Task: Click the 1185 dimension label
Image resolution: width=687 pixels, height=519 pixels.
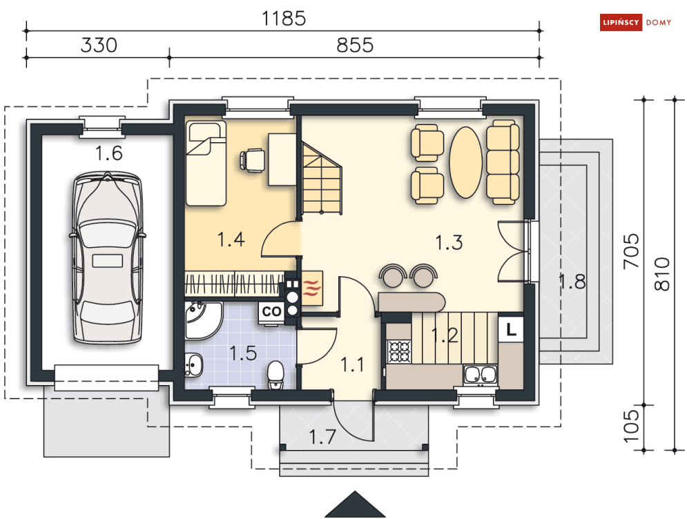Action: [284, 19]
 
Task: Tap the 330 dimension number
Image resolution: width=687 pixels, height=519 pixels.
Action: [99, 45]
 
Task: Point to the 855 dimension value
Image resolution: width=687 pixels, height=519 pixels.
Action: [355, 45]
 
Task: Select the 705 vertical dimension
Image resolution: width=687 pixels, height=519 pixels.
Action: [631, 251]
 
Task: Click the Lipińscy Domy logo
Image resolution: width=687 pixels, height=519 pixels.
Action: [635, 22]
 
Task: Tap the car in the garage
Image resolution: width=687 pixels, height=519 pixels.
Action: [107, 257]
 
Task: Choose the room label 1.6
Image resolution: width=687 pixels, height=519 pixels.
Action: [108, 153]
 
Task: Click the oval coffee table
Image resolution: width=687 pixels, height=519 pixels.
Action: [466, 162]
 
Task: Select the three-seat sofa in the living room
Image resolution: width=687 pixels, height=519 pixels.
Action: [503, 162]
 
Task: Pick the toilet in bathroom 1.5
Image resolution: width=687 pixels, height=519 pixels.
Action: [275, 375]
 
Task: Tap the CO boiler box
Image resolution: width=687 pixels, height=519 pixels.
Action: [271, 312]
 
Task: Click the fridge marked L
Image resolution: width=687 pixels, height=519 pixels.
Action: [511, 329]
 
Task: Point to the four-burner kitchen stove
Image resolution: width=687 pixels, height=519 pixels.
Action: [399, 352]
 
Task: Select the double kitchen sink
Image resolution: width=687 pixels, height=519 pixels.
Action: [480, 375]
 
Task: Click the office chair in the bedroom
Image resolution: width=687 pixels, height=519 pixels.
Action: [253, 160]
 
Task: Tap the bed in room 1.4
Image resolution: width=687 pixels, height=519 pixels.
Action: [206, 163]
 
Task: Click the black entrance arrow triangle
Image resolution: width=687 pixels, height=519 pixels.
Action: [355, 505]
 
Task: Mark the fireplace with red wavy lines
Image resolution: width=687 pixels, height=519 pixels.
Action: [312, 288]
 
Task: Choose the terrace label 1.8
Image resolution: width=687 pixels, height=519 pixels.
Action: [572, 281]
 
